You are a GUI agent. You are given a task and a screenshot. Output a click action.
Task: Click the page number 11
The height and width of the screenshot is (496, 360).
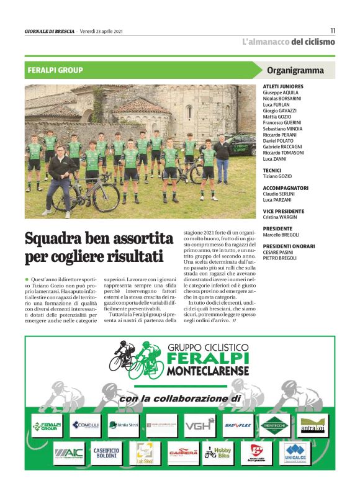pos(333,30)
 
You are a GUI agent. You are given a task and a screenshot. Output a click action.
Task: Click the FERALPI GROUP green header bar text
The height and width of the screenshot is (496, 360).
pos(55,70)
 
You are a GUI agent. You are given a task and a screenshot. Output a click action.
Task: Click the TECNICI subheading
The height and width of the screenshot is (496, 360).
pos(272,170)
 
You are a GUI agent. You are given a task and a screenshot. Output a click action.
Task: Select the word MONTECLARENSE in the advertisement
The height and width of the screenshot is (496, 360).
pos(207,371)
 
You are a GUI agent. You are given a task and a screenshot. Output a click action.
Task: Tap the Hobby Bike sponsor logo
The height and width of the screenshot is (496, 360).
pos(218,453)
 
